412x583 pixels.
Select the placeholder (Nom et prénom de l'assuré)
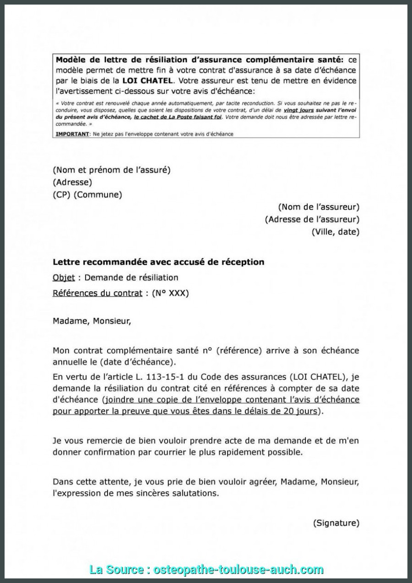(112, 170)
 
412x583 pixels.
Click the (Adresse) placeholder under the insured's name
(72, 182)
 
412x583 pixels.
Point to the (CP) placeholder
(62, 195)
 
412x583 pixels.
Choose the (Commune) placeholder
(98, 195)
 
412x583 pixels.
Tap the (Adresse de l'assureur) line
(312, 219)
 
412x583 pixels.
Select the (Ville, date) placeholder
(336, 232)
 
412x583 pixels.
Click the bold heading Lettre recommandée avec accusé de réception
(158, 262)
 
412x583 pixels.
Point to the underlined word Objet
(64, 278)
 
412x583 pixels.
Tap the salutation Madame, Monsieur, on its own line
(92, 321)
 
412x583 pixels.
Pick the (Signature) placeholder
(336, 523)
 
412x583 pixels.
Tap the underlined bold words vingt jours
(298, 111)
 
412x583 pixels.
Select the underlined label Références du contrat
(98, 293)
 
